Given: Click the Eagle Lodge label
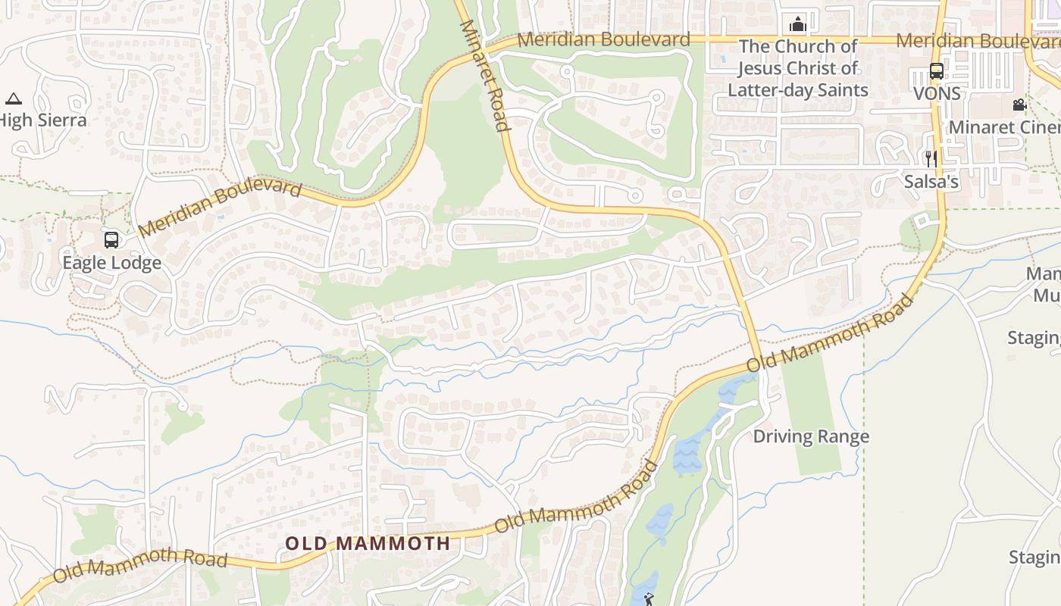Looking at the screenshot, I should [111, 263].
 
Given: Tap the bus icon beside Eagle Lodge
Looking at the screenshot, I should [111, 240].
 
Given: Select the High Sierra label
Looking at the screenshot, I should [43, 120].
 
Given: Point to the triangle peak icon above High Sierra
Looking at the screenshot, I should [13, 98].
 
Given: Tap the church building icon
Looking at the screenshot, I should [797, 24].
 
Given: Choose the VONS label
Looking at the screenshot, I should [937, 94].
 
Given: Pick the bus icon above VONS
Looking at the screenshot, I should [937, 72].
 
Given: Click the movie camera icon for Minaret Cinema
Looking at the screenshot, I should [1019, 105].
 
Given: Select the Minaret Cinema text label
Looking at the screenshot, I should [1004, 127].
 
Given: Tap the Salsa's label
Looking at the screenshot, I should [931, 182].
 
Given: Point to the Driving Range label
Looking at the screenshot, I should [811, 436].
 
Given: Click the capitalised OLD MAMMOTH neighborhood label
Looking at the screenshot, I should [368, 543].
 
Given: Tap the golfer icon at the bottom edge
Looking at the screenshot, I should [648, 600].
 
